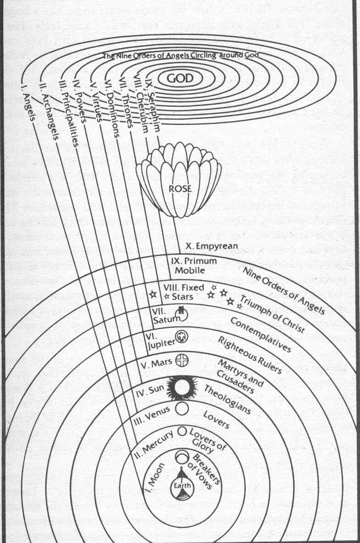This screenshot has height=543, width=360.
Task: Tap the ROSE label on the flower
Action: (179, 188)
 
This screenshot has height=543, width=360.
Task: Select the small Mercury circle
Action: (182, 431)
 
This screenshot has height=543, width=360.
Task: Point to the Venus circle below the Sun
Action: (182, 409)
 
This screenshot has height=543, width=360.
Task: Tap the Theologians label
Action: (227, 399)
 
